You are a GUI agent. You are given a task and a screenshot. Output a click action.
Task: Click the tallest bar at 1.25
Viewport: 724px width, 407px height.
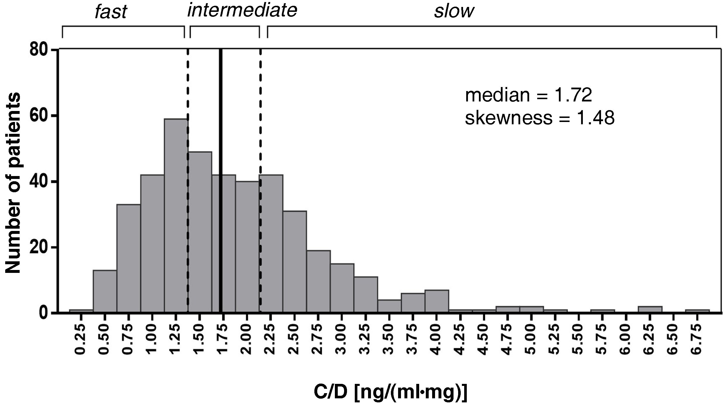click(176, 215)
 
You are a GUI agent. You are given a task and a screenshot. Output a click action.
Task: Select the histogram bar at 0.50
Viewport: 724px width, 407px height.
click(105, 291)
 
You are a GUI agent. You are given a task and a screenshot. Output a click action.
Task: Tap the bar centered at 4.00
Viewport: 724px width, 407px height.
click(437, 301)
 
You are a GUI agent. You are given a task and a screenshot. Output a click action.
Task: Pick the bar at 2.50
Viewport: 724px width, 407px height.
click(294, 262)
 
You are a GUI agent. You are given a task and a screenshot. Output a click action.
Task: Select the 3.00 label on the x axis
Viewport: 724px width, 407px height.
click(342, 340)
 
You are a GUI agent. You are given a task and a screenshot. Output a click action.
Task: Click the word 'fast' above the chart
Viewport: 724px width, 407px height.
click(111, 12)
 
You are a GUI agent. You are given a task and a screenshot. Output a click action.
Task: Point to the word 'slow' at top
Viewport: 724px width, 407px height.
click(454, 12)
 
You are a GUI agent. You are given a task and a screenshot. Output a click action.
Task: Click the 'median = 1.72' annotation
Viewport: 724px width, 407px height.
click(528, 95)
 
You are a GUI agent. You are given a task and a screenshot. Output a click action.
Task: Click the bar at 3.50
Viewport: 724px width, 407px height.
click(389, 306)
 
